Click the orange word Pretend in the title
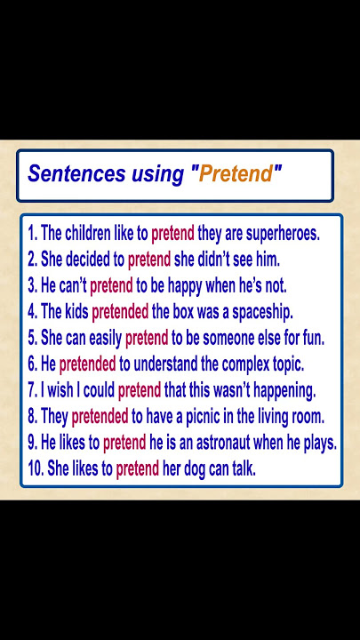pos(236,174)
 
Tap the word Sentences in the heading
pos(76,174)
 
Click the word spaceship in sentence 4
pos(263,313)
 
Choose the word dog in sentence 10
pos(195,470)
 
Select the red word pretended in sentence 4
pos(120,313)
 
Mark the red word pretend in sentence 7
pos(140,391)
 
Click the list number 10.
pos(36,469)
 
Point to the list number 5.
pos(32,339)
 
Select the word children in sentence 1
pos(87,235)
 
